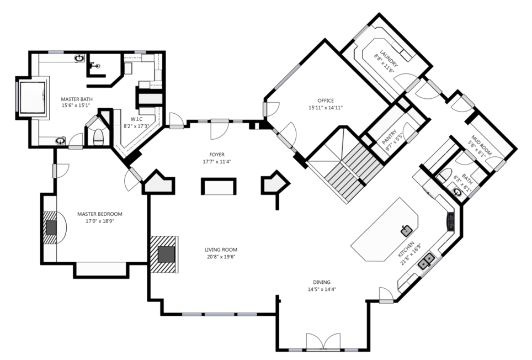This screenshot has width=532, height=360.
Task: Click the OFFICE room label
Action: [326, 100]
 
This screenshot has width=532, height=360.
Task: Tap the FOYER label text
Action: [217, 155]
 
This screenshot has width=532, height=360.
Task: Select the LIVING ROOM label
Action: [221, 250]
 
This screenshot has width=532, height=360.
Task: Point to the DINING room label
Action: [322, 282]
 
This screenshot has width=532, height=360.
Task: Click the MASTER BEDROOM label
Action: [100, 214]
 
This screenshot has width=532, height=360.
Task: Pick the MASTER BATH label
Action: [77, 99]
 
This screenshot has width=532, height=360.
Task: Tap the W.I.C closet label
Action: [136, 119]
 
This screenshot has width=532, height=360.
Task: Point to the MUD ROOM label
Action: [481, 145]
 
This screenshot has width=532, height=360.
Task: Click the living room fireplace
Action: [164, 254]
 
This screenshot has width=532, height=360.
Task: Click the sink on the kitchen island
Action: [407, 231]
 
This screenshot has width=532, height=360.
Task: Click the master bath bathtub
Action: [33, 98]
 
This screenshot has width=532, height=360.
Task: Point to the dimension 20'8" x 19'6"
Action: [221, 257]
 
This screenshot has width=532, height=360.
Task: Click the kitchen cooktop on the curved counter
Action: [450, 221]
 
